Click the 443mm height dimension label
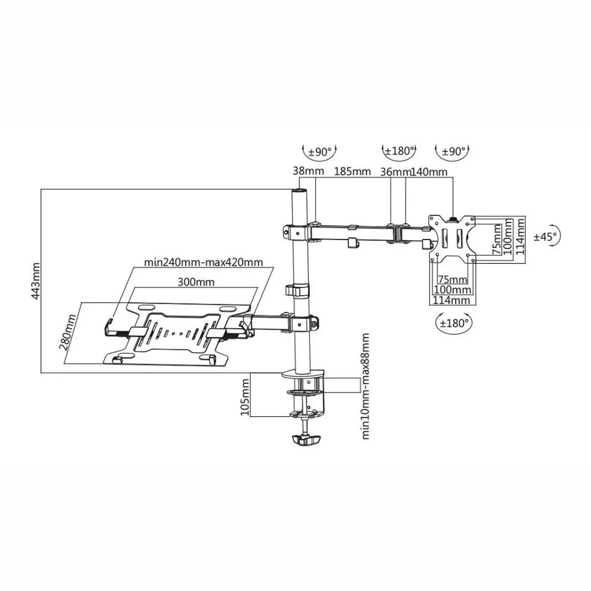pos(36,281)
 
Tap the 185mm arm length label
pos(353,171)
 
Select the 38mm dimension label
pos(308,171)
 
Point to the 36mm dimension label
pos(395,172)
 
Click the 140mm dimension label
pos(429,172)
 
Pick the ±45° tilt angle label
pos(545,237)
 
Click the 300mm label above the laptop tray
pos(196,282)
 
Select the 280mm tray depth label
pos(68,332)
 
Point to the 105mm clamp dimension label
pos(245,397)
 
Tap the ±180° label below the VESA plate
pos(454,323)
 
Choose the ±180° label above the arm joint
pos(399,151)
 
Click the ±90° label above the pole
pos(320,151)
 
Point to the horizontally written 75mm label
pos(452,279)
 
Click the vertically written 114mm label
pos(520,236)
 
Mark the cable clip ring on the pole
pos(298,291)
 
